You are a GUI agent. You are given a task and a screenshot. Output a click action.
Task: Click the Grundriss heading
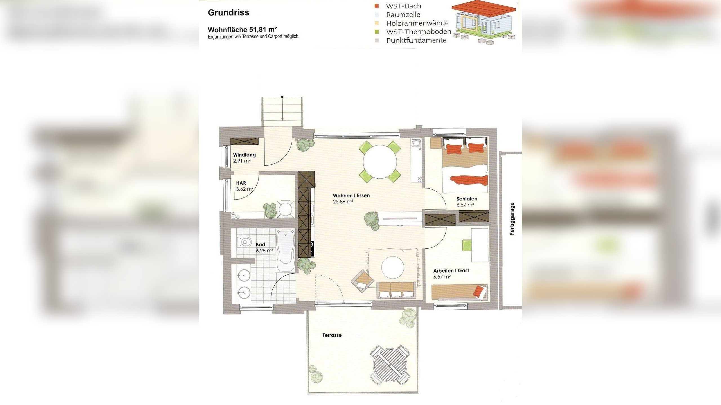click(228, 13)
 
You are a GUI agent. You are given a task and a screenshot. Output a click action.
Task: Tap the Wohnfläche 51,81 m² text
click(242, 30)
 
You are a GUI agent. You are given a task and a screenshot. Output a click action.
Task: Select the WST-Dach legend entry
click(403, 6)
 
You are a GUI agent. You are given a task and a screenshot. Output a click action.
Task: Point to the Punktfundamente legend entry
click(416, 40)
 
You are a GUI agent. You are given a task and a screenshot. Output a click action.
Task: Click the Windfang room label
click(244, 155)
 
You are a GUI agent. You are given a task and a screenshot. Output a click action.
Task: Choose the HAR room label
click(241, 183)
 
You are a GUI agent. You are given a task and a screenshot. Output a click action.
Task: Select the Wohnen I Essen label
click(351, 195)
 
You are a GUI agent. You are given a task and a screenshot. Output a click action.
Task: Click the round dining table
click(380, 162)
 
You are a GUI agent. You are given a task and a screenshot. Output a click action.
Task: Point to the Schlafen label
click(467, 199)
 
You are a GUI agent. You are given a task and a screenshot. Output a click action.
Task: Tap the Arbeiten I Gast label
click(451, 271)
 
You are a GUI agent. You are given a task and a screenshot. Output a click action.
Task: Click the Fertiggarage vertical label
click(512, 219)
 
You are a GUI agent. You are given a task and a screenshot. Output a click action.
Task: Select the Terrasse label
click(332, 335)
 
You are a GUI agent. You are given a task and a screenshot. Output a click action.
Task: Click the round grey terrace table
click(390, 365)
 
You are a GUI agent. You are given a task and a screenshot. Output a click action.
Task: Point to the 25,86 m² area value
click(343, 202)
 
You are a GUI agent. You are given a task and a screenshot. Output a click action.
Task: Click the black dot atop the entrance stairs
click(282, 97)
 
